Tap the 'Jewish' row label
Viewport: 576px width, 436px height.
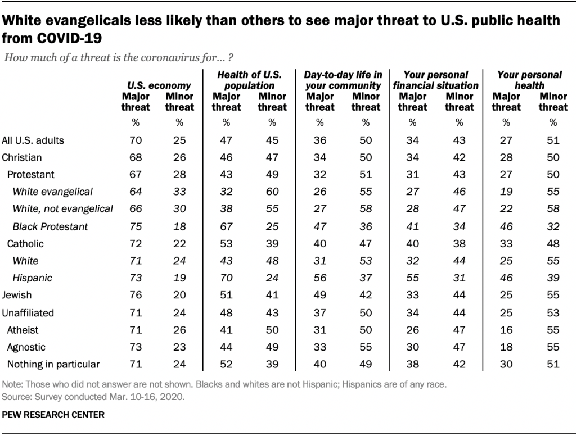pyautogui.click(x=17, y=295)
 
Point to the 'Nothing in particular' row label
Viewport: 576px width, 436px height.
pyautogui.click(x=53, y=364)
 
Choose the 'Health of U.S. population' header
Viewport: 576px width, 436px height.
pyautogui.click(x=249, y=80)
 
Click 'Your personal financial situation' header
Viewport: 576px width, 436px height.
pyautogui.click(x=436, y=80)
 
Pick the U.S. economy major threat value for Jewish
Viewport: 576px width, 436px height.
pyautogui.click(x=136, y=295)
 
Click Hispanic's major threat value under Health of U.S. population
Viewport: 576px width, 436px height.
pyautogui.click(x=226, y=278)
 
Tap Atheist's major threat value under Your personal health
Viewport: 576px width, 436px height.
pyautogui.click(x=506, y=330)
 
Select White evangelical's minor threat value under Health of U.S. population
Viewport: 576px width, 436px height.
pyautogui.click(x=272, y=192)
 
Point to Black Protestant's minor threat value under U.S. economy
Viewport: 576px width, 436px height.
pyautogui.click(x=179, y=226)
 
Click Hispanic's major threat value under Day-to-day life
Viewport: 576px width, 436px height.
pyautogui.click(x=319, y=278)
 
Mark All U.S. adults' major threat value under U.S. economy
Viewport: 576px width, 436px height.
pyautogui.click(x=136, y=140)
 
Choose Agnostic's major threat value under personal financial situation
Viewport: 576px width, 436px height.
pyautogui.click(x=412, y=347)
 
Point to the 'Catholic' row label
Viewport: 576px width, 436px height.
pyautogui.click(x=25, y=243)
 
